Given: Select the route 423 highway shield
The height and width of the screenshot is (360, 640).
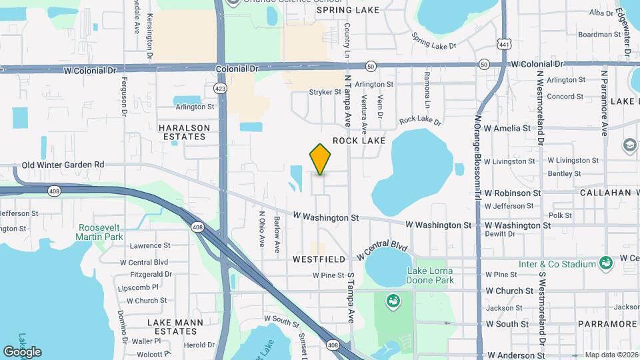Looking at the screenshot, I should [219, 88].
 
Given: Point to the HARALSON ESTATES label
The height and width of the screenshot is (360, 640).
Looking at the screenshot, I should [184, 132].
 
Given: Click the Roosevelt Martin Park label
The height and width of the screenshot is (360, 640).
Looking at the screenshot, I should [99, 231].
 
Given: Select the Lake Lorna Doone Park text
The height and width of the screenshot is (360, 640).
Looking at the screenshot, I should [431, 275].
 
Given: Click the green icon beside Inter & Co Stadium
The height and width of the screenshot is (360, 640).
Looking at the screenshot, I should [605, 263].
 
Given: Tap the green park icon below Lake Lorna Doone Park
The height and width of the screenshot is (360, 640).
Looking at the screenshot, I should [393, 301].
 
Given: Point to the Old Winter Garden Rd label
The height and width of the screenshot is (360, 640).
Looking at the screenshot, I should [63, 165].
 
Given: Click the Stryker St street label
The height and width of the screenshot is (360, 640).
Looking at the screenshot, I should [325, 92].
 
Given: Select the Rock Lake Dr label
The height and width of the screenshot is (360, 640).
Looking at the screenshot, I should [420, 121].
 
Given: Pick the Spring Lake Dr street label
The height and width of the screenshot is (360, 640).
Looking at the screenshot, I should [433, 41].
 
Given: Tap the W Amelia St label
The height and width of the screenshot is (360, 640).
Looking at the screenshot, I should [507, 128].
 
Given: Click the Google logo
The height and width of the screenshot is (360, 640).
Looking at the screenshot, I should [22, 352].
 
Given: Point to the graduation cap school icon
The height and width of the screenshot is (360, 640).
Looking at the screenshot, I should [629, 145].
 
